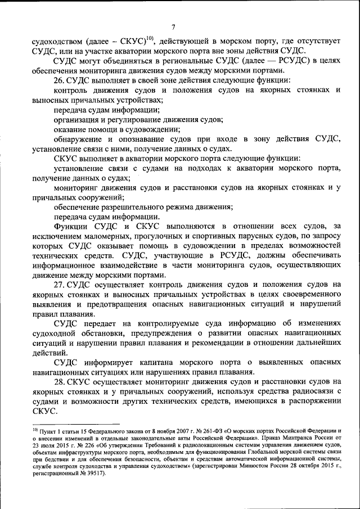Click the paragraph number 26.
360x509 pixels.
[x=59, y=80]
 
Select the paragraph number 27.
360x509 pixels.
[x=60, y=285]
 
